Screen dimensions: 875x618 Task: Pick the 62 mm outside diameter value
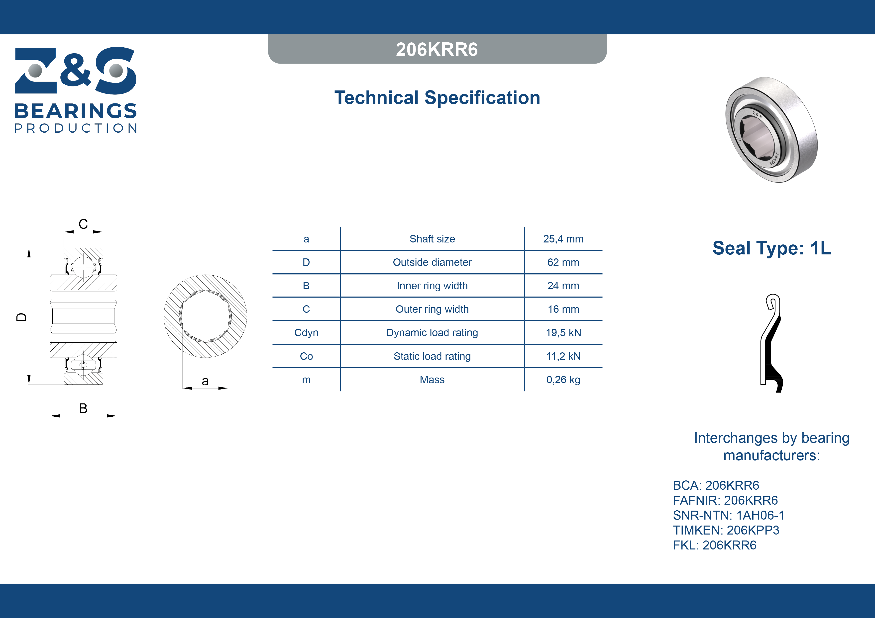coord(563,262)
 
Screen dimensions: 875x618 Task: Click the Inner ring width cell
coord(432,286)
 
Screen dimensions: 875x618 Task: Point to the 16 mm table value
coord(563,309)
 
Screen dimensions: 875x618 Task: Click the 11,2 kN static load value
coord(563,356)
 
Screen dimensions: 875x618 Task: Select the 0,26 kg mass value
coord(563,380)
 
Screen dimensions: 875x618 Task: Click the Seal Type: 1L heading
coord(772,248)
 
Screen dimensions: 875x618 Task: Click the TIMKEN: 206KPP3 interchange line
coord(726,530)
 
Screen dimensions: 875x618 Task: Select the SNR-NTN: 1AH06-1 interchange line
coord(729,515)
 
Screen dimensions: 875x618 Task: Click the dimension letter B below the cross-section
coord(83,408)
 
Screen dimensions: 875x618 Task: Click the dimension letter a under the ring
coord(205,381)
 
